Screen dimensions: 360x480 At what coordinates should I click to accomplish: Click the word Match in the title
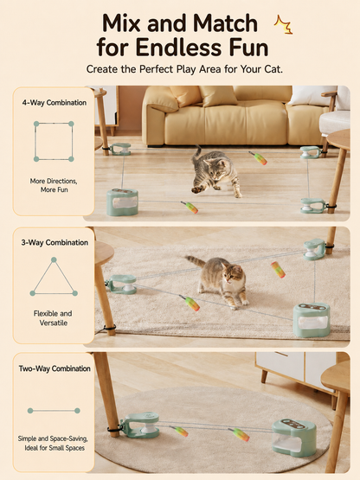pyautogui.click(x=225, y=23)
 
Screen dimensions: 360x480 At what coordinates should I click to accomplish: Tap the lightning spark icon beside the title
pyautogui.click(x=283, y=24)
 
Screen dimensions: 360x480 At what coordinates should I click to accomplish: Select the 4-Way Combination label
pyautogui.click(x=55, y=103)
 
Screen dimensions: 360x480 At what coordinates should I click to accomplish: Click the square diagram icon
pyautogui.click(x=54, y=142)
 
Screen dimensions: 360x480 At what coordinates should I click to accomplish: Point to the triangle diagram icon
pyautogui.click(x=54, y=277)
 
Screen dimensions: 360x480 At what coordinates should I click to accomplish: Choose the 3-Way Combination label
pyautogui.click(x=55, y=242)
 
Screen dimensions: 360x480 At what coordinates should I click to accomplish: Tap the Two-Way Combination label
pyautogui.click(x=55, y=368)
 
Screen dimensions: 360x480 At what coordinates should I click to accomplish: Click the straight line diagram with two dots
pyautogui.click(x=54, y=411)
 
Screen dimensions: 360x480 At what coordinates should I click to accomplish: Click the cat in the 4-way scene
pyautogui.click(x=215, y=173)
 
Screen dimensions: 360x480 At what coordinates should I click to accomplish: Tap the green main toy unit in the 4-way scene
pyautogui.click(x=122, y=202)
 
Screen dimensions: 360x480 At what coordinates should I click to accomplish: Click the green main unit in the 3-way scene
pyautogui.click(x=312, y=320)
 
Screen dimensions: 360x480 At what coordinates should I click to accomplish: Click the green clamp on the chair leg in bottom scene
pyautogui.click(x=140, y=426)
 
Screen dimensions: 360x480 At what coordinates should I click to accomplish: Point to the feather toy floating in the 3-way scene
pyautogui.click(x=278, y=270)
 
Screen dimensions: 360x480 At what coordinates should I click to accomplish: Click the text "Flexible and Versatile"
pyautogui.click(x=53, y=318)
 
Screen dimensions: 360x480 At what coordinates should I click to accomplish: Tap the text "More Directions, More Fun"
pyautogui.click(x=54, y=185)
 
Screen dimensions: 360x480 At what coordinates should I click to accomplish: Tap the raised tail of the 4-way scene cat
pyautogui.click(x=196, y=153)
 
